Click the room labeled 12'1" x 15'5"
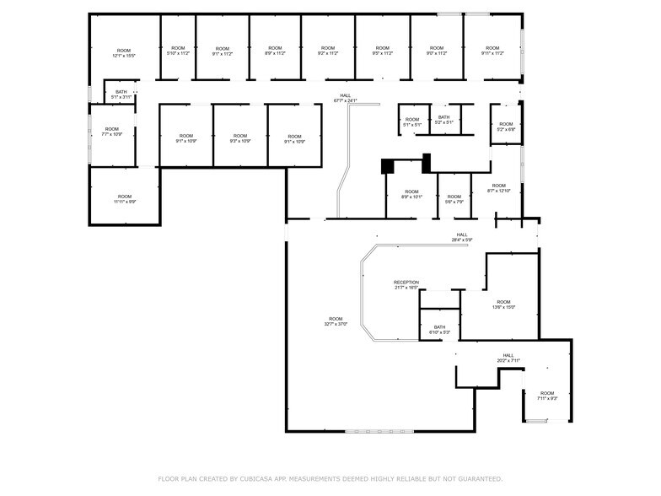coord(124,52)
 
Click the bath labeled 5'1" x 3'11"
coord(121,94)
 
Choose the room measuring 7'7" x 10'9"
coord(112,132)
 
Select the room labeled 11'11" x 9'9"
coord(125,199)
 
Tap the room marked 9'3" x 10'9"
coord(240,138)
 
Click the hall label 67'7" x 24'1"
coord(345,98)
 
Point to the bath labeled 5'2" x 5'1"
coord(443,120)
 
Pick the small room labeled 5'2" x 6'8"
coord(505,127)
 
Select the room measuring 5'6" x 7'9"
coord(454,199)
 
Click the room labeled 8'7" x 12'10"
coord(498,188)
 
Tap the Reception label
coord(406,284)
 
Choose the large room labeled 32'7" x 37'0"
coord(336,321)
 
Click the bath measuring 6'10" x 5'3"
coord(439,329)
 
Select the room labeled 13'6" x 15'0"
coord(503,305)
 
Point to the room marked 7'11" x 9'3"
coord(547,396)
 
